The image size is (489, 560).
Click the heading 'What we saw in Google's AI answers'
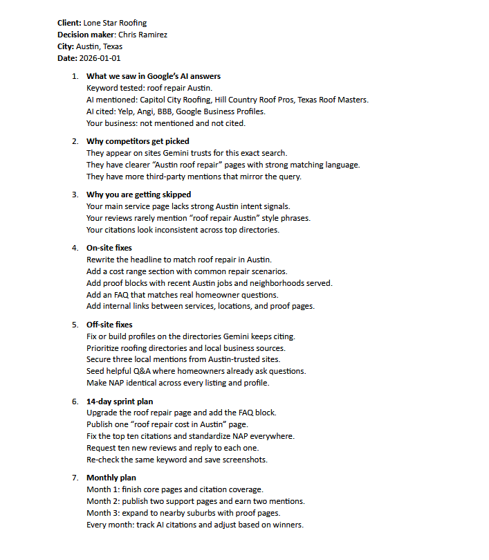154,76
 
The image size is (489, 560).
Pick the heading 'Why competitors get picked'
138,141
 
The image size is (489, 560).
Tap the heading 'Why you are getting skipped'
138,195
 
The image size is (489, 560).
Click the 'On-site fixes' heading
109,248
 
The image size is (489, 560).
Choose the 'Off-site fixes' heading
109,325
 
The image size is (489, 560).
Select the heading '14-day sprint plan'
120,401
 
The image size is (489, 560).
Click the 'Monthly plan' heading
111,478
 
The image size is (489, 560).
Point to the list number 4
75,248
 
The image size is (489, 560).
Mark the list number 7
75,478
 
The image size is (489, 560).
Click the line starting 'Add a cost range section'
187,271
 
